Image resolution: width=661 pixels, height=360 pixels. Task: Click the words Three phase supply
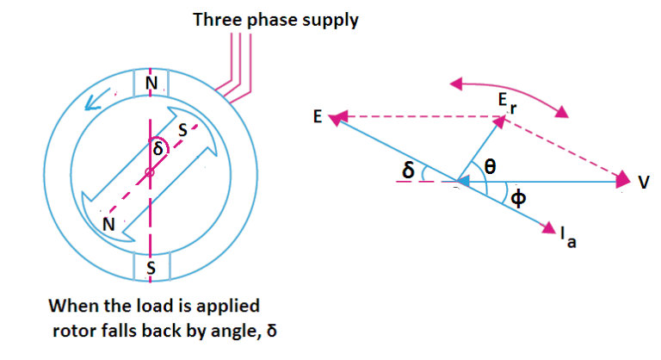(x=275, y=19)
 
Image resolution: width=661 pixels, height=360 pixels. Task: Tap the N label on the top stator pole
(x=151, y=83)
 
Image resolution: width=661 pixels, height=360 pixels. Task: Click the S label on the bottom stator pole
(x=151, y=268)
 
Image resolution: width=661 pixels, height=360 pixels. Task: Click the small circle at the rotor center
(x=150, y=173)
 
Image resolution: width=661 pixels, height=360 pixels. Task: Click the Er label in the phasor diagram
(x=509, y=103)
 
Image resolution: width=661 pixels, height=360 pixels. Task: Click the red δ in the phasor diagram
(x=408, y=171)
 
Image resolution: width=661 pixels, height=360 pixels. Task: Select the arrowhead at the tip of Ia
(x=547, y=227)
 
